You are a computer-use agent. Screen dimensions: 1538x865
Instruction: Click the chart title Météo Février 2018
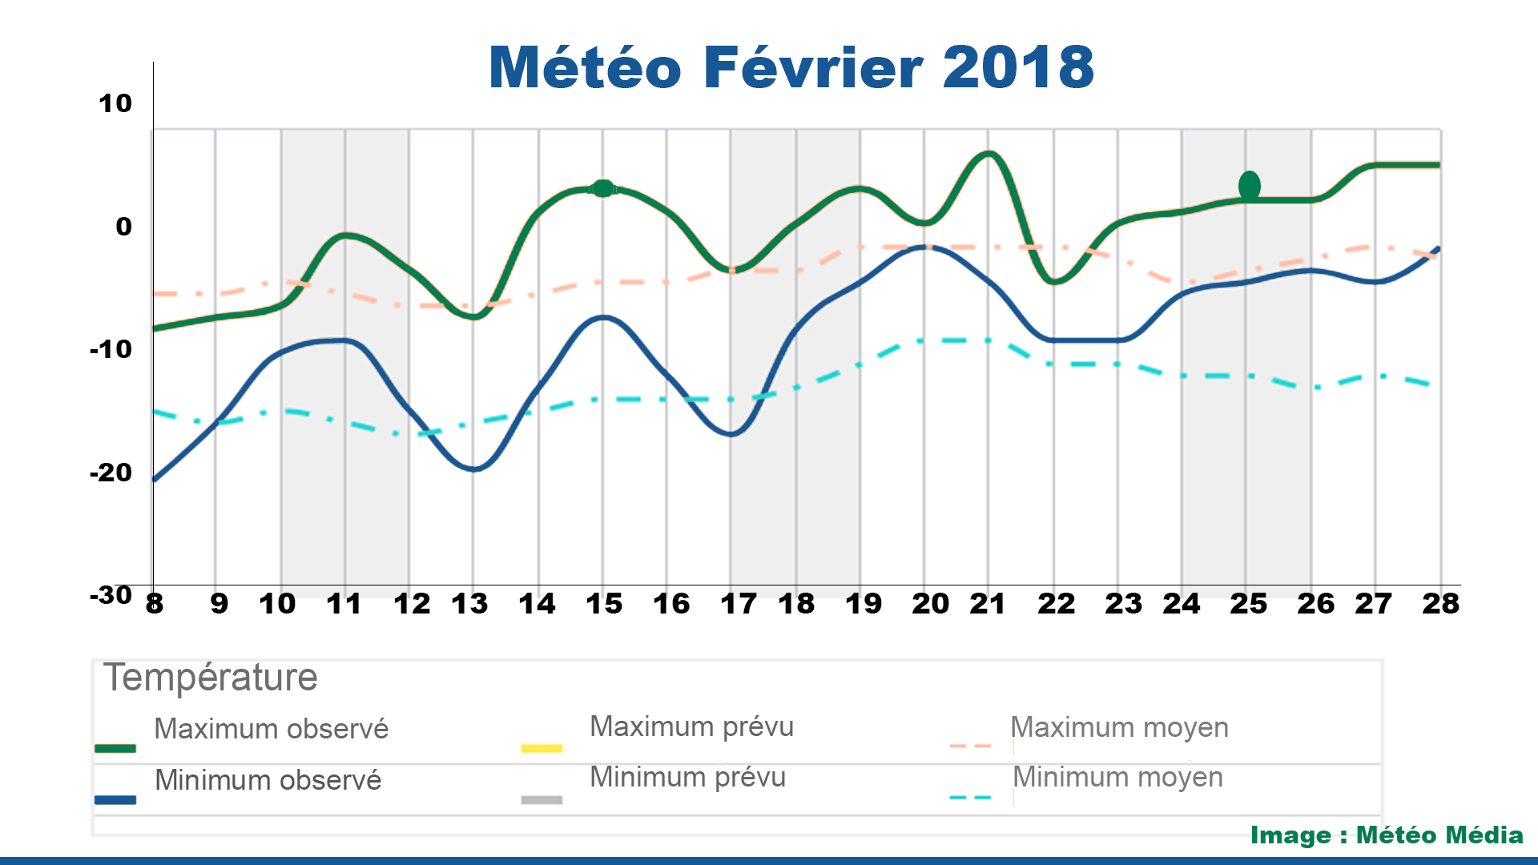[x=791, y=67]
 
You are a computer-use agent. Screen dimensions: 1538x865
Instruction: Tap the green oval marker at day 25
[x=1249, y=186]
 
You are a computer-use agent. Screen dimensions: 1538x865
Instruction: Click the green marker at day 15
[x=603, y=189]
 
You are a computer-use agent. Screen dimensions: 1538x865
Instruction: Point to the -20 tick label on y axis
[x=111, y=473]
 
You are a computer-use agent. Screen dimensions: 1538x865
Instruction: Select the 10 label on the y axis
[x=115, y=103]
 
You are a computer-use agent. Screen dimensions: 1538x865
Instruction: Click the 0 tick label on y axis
[x=123, y=227]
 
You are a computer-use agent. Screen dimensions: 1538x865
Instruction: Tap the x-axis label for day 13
[x=469, y=604]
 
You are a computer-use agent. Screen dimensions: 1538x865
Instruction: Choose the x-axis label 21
[x=988, y=604]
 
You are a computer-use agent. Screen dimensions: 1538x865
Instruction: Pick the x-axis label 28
[x=1440, y=604]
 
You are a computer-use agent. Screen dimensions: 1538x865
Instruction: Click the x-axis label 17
[x=738, y=604]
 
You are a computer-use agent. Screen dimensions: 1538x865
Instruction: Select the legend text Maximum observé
[x=271, y=729]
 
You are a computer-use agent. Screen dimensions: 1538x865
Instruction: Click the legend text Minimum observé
[x=268, y=780]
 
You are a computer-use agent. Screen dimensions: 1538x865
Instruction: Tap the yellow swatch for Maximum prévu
[x=542, y=749]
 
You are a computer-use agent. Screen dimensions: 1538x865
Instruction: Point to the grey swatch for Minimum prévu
[x=542, y=799]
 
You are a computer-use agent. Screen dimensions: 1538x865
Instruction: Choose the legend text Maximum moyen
[x=1119, y=727]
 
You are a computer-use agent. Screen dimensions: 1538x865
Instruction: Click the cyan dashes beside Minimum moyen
[x=970, y=798]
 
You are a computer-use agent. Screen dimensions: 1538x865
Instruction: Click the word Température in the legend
[x=211, y=678]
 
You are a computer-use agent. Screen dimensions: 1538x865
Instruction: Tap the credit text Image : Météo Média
[x=1387, y=835]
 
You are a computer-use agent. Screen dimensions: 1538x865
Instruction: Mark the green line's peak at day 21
[x=989, y=154]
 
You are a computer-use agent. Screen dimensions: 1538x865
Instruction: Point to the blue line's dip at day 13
[x=473, y=469]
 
